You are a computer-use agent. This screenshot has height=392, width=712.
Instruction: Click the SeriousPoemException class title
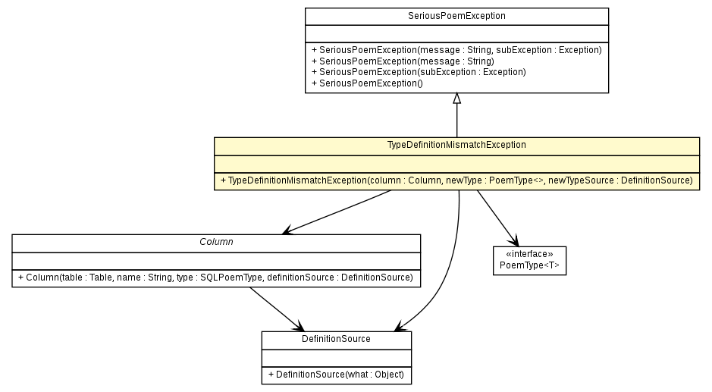pyautogui.click(x=456, y=15)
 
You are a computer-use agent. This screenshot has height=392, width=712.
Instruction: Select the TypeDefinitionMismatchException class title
pyautogui.click(x=456, y=144)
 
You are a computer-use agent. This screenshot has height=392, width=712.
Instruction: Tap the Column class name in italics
pyautogui.click(x=216, y=241)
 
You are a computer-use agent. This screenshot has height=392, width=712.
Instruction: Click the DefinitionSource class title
pyautogui.click(x=336, y=339)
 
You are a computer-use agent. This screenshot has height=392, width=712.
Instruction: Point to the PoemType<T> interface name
pyautogui.click(x=529, y=266)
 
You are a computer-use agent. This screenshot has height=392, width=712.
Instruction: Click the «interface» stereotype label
pyautogui.click(x=529, y=255)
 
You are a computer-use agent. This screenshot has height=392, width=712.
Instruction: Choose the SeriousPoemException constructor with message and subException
pyautogui.click(x=456, y=50)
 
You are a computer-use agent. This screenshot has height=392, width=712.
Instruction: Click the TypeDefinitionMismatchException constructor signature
pyautogui.click(x=456, y=180)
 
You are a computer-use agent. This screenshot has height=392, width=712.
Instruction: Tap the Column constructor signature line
pyautogui.click(x=215, y=278)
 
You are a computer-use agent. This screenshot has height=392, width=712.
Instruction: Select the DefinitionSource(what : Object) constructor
pyautogui.click(x=336, y=375)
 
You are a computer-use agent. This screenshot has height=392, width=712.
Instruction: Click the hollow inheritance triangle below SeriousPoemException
pyautogui.click(x=456, y=99)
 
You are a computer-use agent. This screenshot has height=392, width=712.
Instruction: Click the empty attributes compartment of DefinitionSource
pyautogui.click(x=336, y=357)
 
